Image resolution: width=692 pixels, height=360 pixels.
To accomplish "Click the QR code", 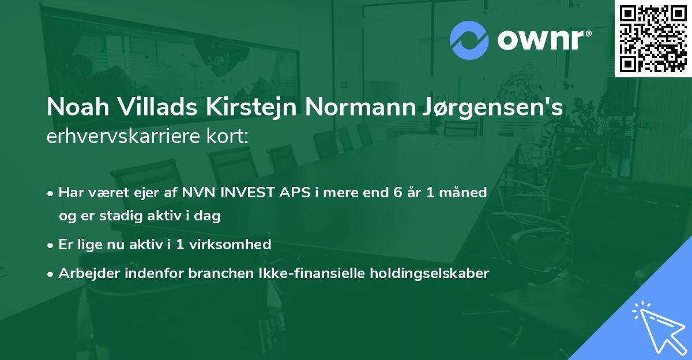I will click(653, 39).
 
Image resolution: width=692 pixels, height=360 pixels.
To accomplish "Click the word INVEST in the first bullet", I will click(249, 192).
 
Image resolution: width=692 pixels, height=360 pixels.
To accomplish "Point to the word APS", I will click(294, 192).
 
